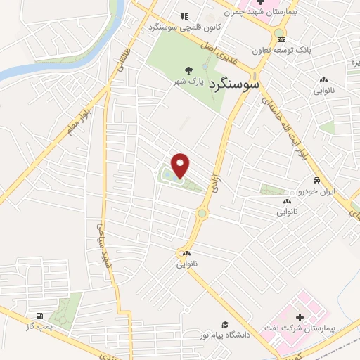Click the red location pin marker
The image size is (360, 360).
(181, 165)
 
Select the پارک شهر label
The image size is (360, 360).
(189, 82)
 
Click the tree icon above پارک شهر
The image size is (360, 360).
(188, 70)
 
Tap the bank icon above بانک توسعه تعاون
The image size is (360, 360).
(281, 39)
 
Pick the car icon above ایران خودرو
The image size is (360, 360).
(316, 181)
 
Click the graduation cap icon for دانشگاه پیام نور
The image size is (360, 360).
(224, 325)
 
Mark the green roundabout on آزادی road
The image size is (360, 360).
(202, 212)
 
